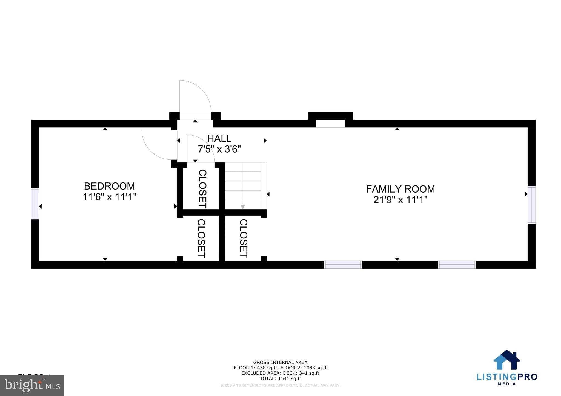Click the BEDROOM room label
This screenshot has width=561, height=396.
[109, 186]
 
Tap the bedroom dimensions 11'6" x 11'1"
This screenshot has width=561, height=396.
[109, 197]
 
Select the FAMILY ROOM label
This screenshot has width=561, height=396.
[400, 189]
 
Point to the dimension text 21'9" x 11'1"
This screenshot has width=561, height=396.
[400, 200]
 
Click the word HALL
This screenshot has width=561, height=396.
[219, 138]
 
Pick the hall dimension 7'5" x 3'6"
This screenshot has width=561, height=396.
[219, 149]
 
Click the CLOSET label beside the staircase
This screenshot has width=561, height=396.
[202, 189]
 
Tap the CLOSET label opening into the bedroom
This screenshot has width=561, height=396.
[201, 238]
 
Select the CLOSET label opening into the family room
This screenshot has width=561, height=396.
[244, 238]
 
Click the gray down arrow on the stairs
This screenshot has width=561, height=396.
[243, 207]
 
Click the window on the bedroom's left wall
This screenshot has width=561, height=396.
[35, 203]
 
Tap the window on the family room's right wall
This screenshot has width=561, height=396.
[531, 205]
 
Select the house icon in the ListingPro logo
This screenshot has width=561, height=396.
[506, 360]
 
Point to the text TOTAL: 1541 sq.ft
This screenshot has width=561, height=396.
[280, 378]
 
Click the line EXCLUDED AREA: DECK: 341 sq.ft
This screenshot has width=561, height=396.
[280, 373]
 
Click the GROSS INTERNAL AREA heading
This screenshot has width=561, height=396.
[280, 362]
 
